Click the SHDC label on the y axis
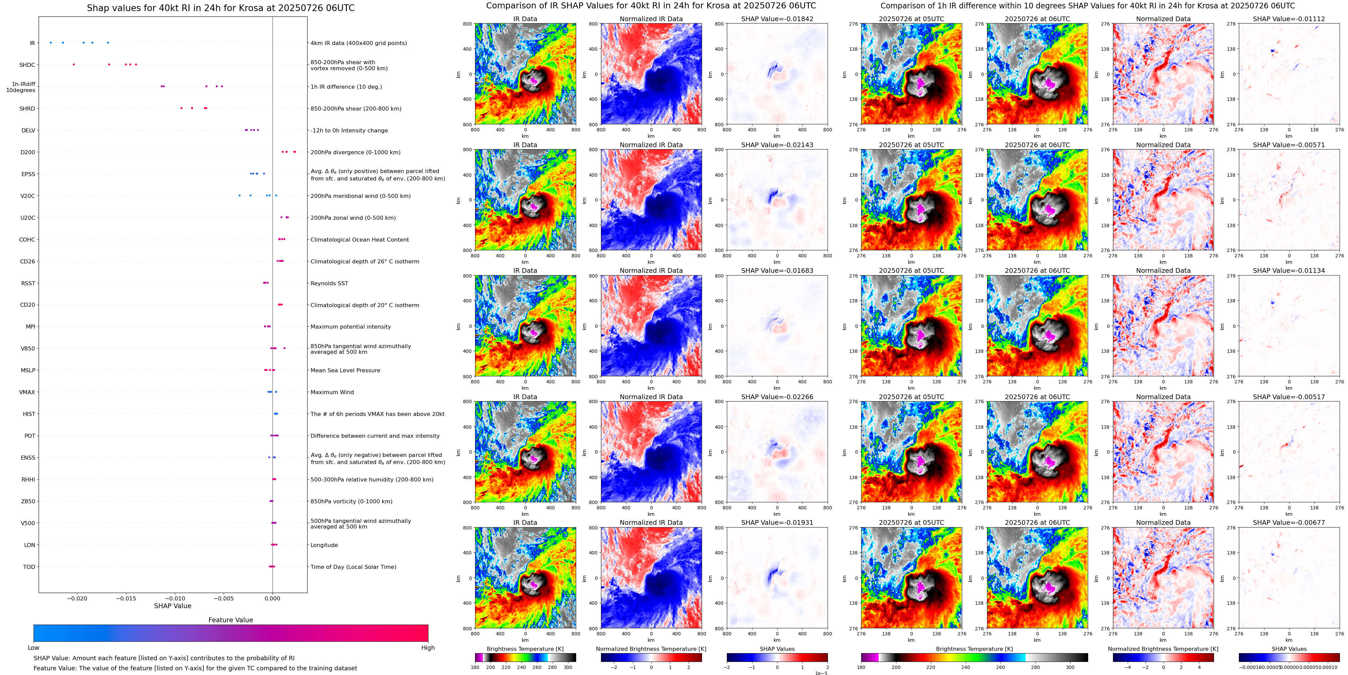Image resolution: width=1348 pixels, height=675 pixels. (x=27, y=65)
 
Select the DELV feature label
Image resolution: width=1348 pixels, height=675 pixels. (x=28, y=130)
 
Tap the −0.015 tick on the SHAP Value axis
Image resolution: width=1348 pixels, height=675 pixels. (x=126, y=598)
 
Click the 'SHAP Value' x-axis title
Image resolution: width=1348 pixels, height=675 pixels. (x=172, y=606)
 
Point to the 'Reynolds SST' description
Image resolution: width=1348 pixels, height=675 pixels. (x=329, y=283)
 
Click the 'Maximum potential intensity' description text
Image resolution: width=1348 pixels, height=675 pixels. (x=351, y=327)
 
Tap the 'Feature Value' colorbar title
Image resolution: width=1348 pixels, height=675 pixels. (x=230, y=620)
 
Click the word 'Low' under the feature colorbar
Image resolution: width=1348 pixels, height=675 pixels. (x=34, y=648)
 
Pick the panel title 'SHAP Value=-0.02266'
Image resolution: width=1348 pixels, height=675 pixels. (x=777, y=397)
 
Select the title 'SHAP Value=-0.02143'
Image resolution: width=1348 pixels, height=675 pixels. (x=777, y=145)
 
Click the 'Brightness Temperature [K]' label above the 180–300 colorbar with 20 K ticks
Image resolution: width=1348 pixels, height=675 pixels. (x=525, y=649)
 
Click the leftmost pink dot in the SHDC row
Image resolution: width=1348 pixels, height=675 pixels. (x=74, y=65)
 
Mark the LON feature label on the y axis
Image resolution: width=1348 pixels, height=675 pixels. (x=29, y=545)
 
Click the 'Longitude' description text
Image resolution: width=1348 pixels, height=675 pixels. (x=324, y=545)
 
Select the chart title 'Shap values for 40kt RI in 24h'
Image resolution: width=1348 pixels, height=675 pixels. (x=220, y=8)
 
